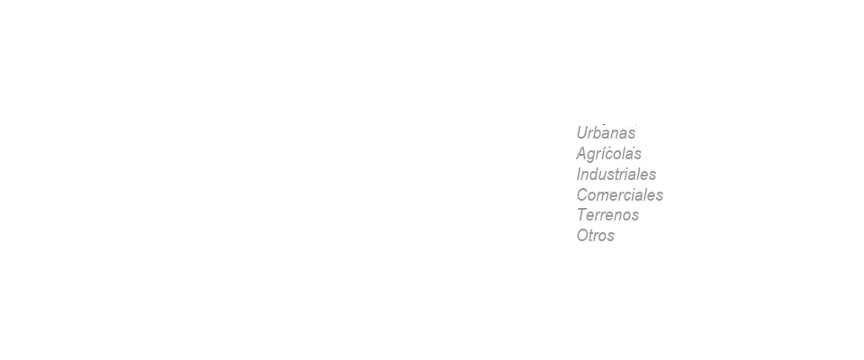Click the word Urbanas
(x=606, y=133)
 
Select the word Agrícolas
(x=609, y=153)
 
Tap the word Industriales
(x=616, y=175)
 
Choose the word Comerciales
(x=620, y=194)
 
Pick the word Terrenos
(x=607, y=214)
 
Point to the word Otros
(x=596, y=236)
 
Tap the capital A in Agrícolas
(x=582, y=153)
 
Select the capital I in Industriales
(x=579, y=175)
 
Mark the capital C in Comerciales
(x=583, y=194)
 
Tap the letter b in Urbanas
(x=601, y=133)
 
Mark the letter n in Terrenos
(x=620, y=216)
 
